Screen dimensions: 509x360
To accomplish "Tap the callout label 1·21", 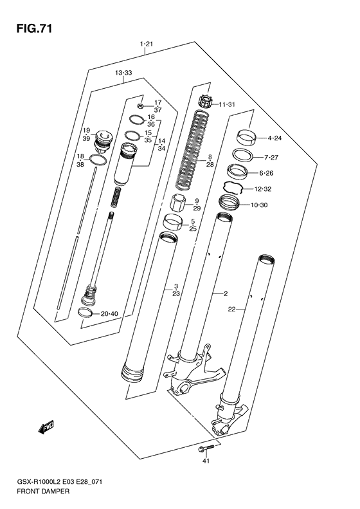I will [145, 44].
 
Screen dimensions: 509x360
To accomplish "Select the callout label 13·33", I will [123, 73].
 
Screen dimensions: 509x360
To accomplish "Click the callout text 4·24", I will [274, 137].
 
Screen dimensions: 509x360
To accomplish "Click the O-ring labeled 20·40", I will [84, 313].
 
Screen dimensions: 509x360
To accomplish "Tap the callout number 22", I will [232, 310].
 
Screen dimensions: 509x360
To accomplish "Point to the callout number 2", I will [226, 294].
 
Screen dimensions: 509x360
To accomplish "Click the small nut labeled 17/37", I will [140, 105].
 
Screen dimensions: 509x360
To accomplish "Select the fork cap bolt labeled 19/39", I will [102, 138].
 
